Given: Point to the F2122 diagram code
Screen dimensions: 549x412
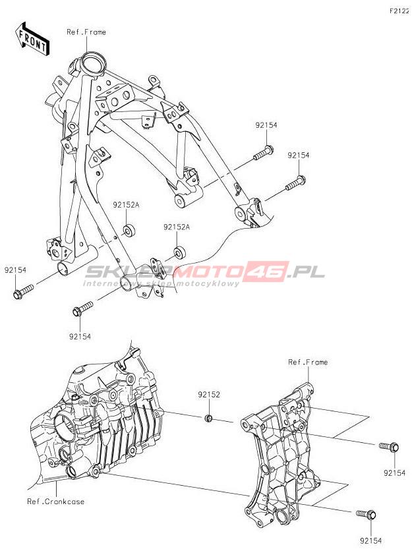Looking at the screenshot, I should [398, 11].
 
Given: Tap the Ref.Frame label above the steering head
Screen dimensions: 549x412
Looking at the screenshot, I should [86, 32].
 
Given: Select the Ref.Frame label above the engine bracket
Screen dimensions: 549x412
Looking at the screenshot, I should [308, 362].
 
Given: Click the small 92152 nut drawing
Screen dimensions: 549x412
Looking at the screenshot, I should [207, 419].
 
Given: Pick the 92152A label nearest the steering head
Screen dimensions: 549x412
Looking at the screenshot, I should [126, 205].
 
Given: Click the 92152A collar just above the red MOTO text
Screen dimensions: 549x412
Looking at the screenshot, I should [179, 252].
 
